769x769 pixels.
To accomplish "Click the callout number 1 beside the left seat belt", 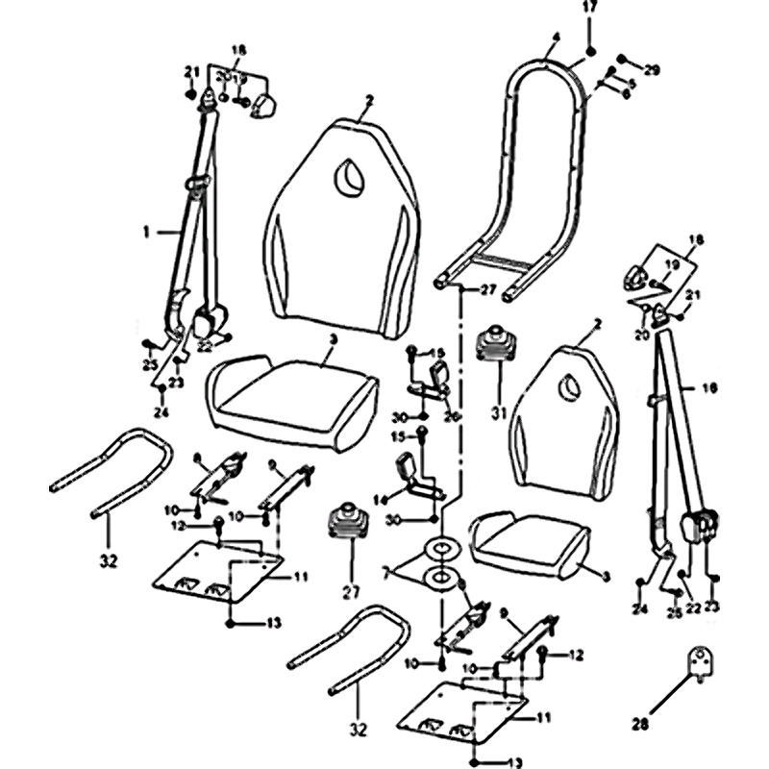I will click(x=146, y=231).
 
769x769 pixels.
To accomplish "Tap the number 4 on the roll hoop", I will click(x=556, y=39).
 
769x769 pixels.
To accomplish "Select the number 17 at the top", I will click(x=590, y=9).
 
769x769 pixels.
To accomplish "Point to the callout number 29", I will click(x=653, y=71).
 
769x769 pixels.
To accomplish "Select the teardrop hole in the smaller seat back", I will click(x=569, y=386).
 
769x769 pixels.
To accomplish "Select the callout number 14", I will click(x=380, y=499).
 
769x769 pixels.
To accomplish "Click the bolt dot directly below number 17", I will click(x=591, y=49).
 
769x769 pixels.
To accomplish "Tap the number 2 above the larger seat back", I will click(x=368, y=100).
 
